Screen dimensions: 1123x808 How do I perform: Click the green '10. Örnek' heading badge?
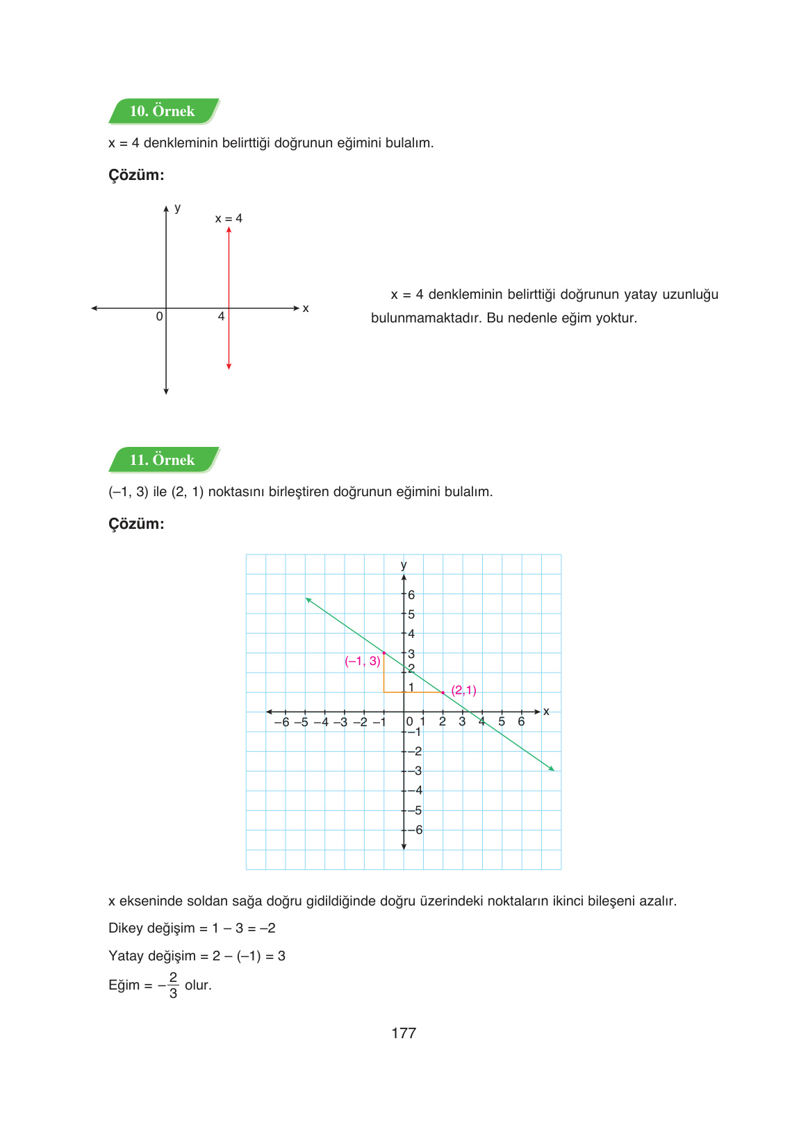[x=163, y=111]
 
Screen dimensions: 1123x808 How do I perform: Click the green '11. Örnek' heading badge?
[x=163, y=460]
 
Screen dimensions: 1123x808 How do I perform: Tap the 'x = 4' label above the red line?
[x=229, y=218]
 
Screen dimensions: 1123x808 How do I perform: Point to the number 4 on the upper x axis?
[x=221, y=317]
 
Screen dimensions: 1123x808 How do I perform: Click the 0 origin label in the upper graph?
[x=159, y=317]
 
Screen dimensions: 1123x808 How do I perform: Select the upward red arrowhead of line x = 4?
[x=229, y=230]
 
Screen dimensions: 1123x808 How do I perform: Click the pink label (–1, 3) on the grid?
[x=362, y=661]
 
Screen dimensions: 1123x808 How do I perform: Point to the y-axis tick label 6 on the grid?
[x=411, y=595]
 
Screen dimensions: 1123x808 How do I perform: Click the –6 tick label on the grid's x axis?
[x=281, y=722]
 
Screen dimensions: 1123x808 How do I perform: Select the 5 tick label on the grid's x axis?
[x=502, y=721]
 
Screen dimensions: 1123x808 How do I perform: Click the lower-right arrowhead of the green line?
[x=552, y=769]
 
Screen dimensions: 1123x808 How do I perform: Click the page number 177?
[x=404, y=1033]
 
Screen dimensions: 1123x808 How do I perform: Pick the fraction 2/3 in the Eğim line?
[x=173, y=985]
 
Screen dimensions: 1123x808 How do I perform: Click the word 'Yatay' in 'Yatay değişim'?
[x=126, y=956]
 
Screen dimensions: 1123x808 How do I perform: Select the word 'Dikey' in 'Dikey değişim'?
[x=126, y=928]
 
